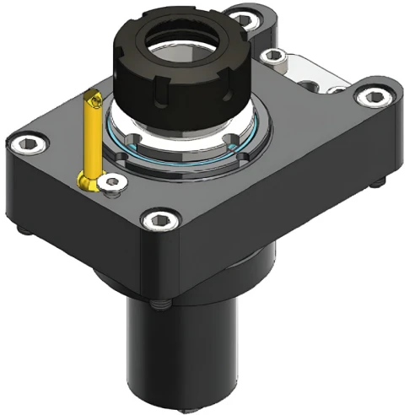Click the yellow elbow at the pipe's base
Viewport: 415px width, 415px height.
click(x=88, y=180)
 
